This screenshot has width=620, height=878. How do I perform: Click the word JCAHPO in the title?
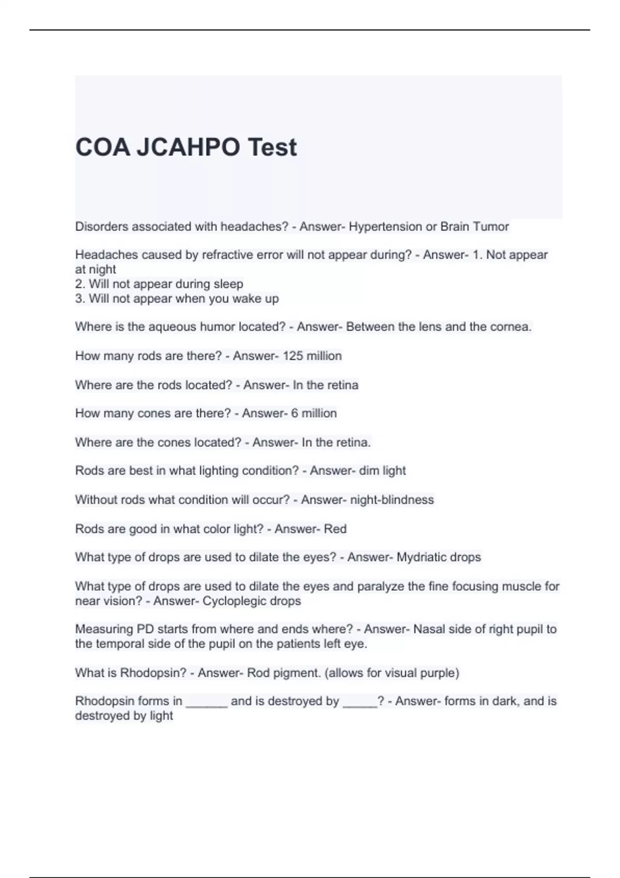click(189, 147)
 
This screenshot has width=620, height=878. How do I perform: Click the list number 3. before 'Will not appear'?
click(80, 299)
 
